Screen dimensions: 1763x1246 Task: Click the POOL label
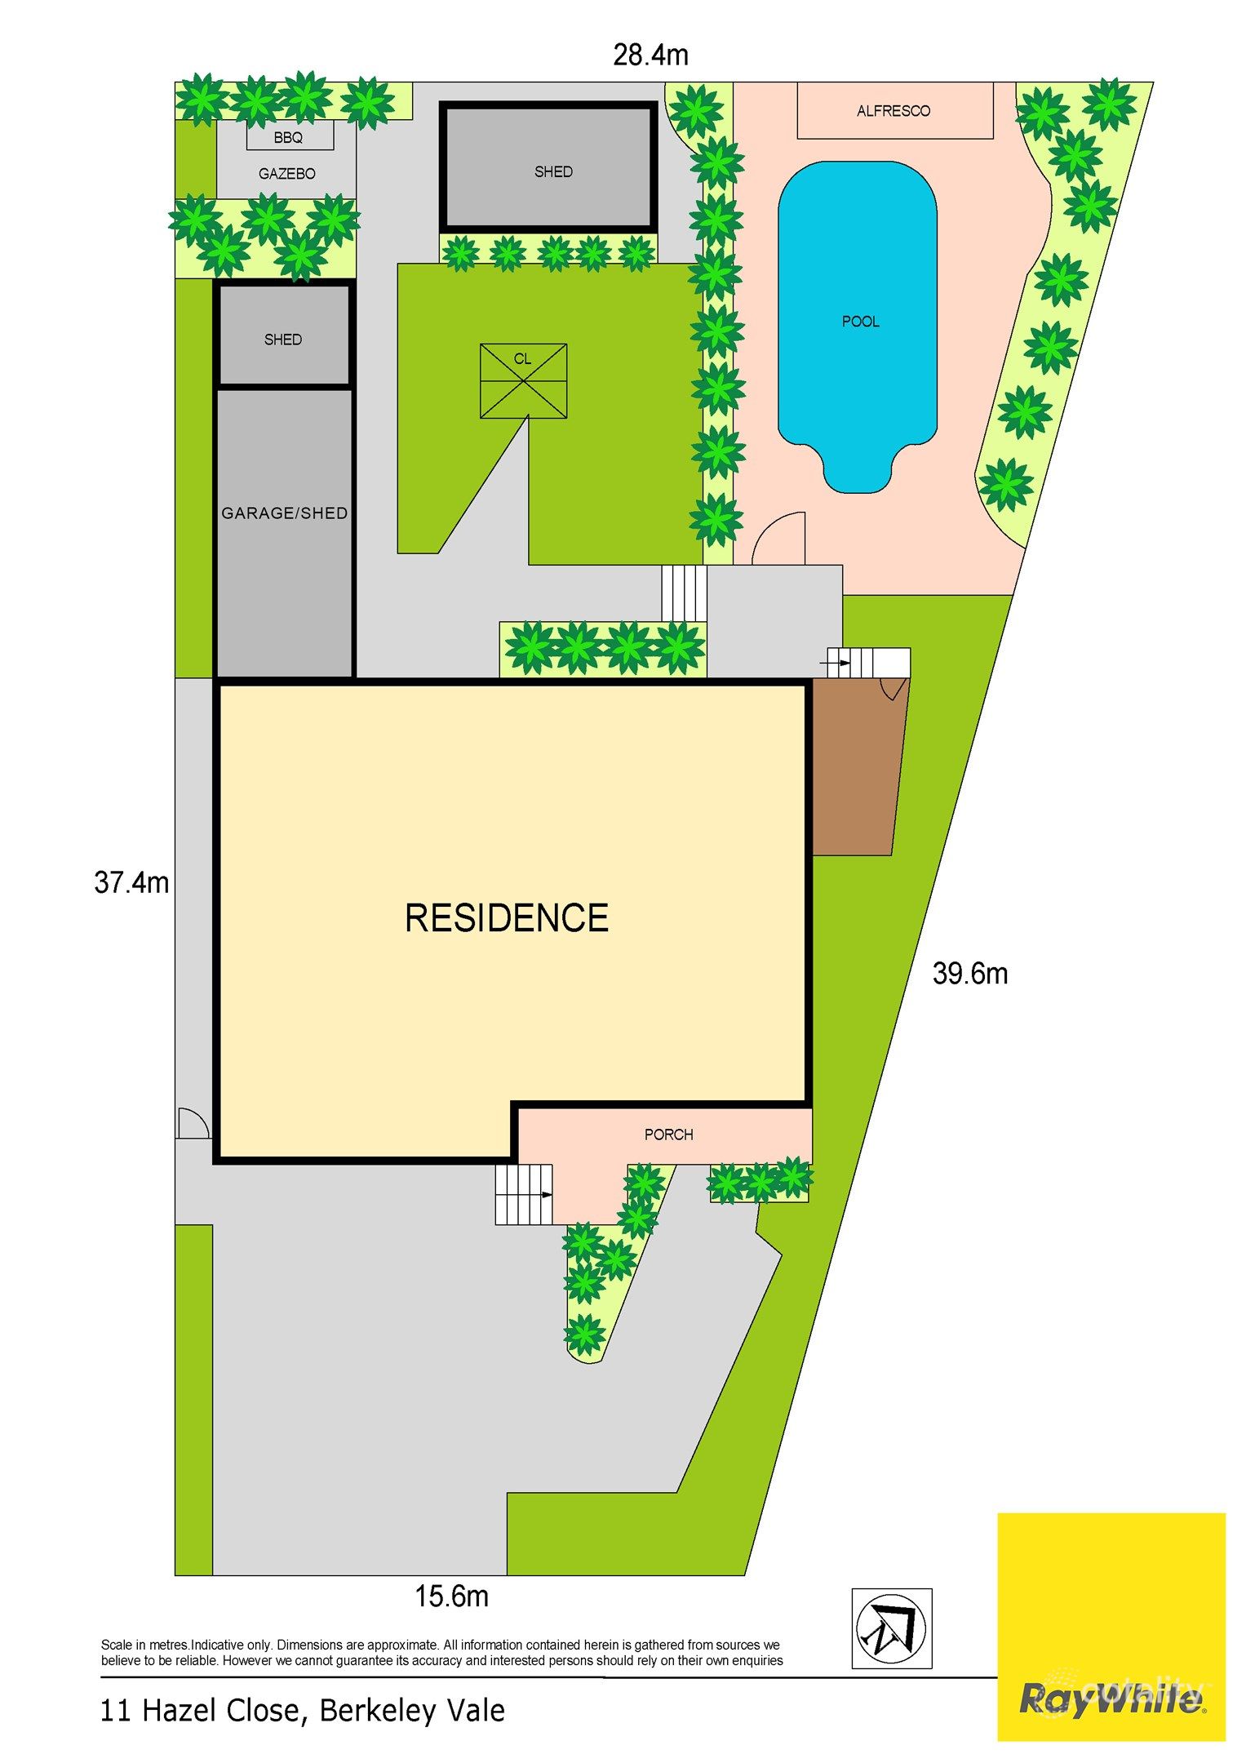(860, 322)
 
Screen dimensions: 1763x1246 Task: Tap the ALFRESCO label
(893, 111)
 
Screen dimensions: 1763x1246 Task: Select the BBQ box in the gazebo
(289, 137)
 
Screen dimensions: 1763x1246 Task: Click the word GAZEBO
(286, 174)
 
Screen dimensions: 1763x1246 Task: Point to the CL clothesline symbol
(523, 380)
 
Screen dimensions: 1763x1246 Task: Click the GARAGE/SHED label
(285, 513)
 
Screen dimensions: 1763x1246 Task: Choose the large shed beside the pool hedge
(549, 167)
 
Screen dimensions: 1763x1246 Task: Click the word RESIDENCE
(507, 918)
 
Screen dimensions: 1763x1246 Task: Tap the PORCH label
(668, 1135)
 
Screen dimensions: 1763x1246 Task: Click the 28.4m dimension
(650, 56)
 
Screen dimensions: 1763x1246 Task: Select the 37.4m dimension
(131, 882)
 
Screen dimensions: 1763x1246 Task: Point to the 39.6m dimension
(970, 974)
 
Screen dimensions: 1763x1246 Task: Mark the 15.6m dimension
(451, 1596)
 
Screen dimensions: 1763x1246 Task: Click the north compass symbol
(891, 1628)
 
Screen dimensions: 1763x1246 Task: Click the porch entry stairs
(523, 1194)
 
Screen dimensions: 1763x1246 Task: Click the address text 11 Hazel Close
(302, 1710)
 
